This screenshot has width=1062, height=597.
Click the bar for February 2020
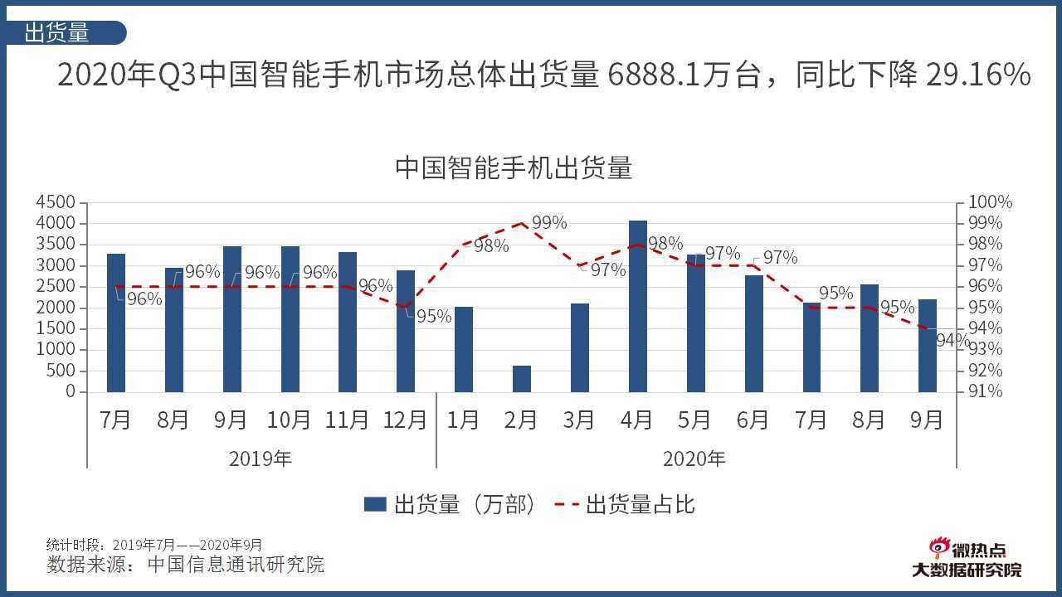[521, 378]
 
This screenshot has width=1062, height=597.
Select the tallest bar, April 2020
[637, 306]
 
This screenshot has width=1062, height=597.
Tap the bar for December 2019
[406, 331]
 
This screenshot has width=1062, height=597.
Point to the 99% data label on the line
[549, 223]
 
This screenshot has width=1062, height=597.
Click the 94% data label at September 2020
[952, 340]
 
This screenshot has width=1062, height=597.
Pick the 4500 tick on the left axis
[56, 202]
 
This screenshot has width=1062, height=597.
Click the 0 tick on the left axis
[70, 391]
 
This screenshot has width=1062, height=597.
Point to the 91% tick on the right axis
[986, 391]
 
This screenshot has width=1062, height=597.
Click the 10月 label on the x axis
[289, 420]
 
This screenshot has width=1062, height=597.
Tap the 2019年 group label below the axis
[261, 459]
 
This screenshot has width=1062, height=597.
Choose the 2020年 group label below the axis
[694, 459]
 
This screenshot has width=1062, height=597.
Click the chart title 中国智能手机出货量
[514, 167]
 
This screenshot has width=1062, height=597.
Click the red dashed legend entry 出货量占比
[626, 505]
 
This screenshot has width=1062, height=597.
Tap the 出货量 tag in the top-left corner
[58, 32]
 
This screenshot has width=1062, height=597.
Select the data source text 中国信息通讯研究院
[236, 565]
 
